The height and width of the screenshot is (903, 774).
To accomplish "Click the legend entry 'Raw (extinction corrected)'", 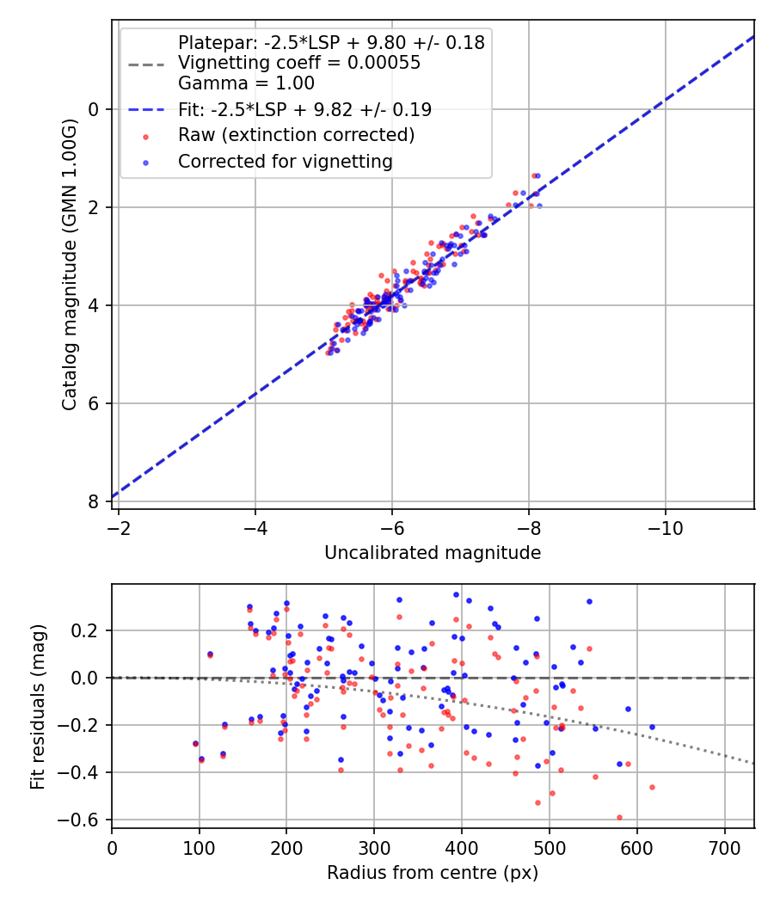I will tap(296, 135).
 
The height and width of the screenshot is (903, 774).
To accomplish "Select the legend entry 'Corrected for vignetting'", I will tap(285, 162).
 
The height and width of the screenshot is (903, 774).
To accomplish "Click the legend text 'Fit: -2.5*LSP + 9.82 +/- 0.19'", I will tap(304, 109).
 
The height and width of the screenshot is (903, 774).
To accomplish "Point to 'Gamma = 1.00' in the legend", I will tap(246, 83).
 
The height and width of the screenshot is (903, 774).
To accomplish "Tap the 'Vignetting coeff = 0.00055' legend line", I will tap(298, 63).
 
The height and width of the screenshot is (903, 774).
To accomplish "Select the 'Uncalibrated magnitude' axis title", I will tap(433, 553).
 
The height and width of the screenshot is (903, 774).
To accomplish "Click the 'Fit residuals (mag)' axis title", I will tap(38, 707).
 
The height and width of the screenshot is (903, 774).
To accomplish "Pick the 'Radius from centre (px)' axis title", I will tap(433, 873).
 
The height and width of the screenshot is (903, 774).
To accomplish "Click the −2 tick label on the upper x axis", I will tap(119, 527).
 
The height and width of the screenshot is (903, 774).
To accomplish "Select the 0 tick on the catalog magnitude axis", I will tap(95, 109).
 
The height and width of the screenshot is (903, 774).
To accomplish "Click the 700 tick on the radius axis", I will tap(724, 848).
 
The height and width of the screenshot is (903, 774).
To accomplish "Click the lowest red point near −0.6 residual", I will tap(619, 817).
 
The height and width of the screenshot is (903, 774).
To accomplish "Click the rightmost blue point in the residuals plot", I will tap(652, 727).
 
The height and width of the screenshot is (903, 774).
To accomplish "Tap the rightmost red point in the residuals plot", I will tap(652, 787).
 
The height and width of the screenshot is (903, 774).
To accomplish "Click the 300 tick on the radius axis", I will tap(374, 848).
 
